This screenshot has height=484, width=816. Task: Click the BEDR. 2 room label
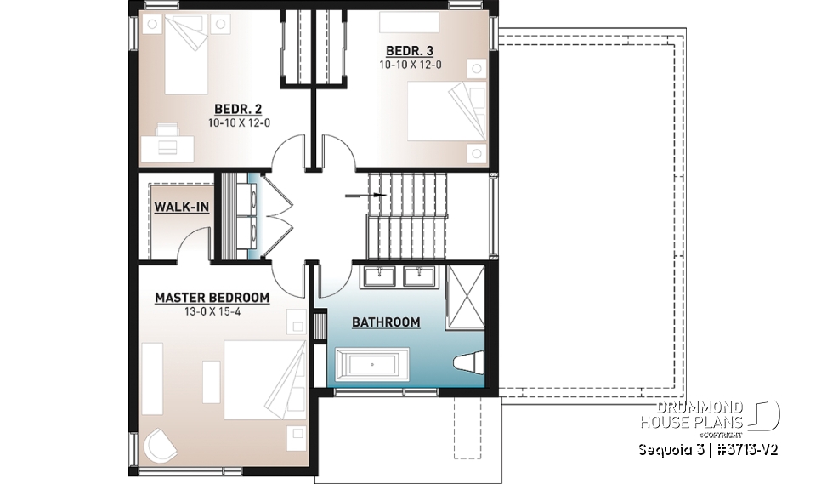[238, 109]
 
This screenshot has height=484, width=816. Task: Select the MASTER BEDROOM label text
[212, 299]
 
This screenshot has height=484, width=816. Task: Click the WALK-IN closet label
[182, 207]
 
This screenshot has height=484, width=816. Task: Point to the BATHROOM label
[386, 322]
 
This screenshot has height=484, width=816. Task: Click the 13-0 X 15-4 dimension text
[212, 311]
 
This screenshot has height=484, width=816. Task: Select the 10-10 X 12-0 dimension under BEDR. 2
[238, 122]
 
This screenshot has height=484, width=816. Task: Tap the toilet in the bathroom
[469, 363]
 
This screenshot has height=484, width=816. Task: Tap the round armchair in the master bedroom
[160, 443]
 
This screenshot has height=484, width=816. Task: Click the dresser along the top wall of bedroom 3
[409, 20]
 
